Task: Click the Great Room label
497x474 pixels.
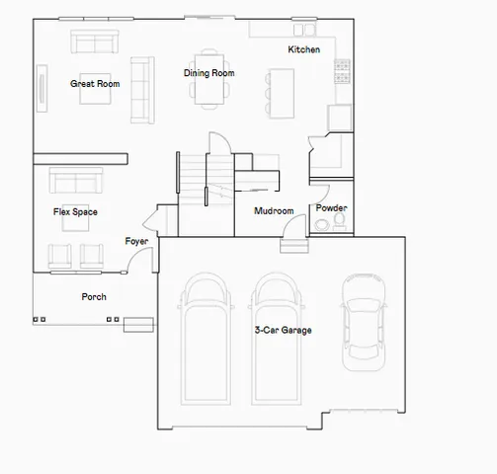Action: click(95, 84)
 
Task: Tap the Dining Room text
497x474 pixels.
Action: click(208, 73)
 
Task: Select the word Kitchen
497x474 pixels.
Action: click(303, 49)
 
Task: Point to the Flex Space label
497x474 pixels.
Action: click(75, 211)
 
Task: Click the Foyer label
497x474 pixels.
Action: click(136, 241)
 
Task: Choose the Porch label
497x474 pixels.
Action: click(94, 296)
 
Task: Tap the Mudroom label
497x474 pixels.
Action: click(274, 211)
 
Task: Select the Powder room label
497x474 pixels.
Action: click(331, 208)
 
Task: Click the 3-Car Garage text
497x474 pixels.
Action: click(283, 330)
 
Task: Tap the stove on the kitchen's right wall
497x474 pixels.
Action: click(343, 69)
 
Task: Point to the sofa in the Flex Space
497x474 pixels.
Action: click(76, 182)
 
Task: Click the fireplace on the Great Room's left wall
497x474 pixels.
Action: click(41, 85)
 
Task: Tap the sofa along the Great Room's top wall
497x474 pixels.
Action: click(92, 43)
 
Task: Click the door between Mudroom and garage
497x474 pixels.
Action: click(293, 232)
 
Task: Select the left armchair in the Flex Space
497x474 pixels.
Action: click(60, 255)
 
